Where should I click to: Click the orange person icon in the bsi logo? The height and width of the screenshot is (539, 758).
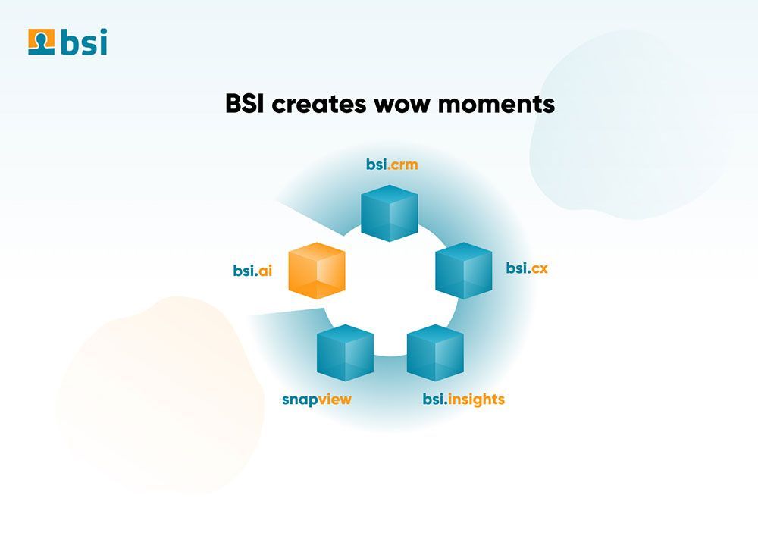(41, 42)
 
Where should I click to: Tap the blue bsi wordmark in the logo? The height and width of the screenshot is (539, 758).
(84, 42)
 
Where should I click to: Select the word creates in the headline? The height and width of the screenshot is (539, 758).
(319, 105)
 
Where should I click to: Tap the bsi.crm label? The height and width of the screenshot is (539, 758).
(392, 165)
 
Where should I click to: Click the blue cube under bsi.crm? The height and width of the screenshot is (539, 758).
(390, 213)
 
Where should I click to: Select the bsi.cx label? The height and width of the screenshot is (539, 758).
(527, 268)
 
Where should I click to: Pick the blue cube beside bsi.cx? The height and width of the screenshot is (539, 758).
(464, 271)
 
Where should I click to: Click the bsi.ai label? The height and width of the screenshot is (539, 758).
(253, 270)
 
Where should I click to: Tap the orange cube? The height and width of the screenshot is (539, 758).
(317, 271)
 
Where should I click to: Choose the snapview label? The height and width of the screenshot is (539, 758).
(317, 400)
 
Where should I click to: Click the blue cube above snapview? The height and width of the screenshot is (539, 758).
(345, 353)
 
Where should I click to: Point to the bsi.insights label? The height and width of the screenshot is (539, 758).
(464, 400)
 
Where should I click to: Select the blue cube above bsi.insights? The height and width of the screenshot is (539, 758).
(435, 353)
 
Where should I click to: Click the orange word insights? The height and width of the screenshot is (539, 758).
(476, 400)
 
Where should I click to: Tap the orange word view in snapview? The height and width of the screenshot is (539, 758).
(335, 400)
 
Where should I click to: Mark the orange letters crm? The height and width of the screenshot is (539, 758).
(404, 165)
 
